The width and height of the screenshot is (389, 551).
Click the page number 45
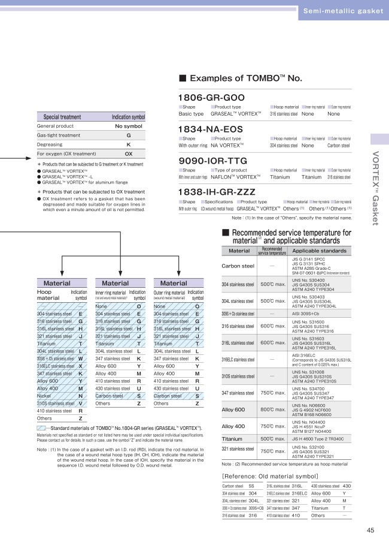370,530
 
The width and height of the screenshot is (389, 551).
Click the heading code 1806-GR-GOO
211,98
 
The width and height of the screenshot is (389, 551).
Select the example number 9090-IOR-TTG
212,161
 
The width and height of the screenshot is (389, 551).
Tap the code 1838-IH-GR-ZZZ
217,191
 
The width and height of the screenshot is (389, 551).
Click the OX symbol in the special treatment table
128,153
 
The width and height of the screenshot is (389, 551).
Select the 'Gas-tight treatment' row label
58,136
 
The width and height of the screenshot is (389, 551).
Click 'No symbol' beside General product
128,127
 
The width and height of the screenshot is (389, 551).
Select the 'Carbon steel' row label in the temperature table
238,266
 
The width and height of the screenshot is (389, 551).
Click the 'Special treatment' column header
58,118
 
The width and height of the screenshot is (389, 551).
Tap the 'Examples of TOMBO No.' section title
240,79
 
